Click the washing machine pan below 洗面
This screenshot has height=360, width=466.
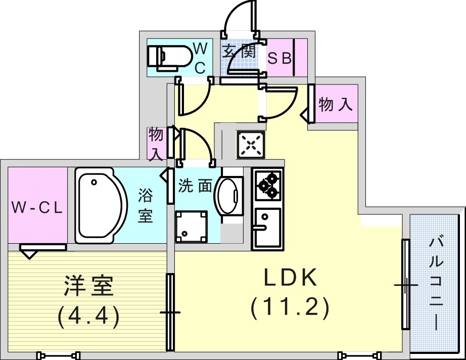[191, 226]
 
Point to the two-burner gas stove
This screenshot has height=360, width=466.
[267, 185]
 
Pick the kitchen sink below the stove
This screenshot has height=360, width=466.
[267, 228]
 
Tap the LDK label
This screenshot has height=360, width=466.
[291, 278]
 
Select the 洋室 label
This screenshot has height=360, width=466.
[89, 287]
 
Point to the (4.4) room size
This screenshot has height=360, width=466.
[88, 316]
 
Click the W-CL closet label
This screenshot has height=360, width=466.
[37, 208]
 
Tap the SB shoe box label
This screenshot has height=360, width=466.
[279, 59]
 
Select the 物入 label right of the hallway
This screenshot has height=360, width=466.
[335, 105]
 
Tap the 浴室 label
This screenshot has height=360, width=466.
[146, 205]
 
